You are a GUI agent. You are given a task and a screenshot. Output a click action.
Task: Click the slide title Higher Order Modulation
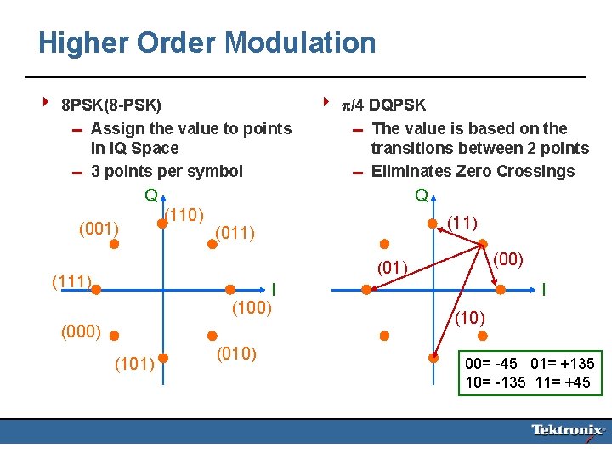click(x=207, y=42)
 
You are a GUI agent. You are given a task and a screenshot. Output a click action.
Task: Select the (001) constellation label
click(x=99, y=228)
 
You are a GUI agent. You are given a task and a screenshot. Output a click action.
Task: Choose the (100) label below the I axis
click(x=252, y=308)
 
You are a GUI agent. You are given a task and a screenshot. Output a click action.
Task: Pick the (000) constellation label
click(x=82, y=331)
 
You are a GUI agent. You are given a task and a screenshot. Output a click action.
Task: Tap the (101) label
click(x=134, y=364)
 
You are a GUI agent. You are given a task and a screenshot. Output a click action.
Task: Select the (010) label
click(x=237, y=354)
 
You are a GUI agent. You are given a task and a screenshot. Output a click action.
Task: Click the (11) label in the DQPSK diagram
click(x=462, y=222)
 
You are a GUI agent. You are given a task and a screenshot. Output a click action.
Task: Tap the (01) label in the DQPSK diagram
click(x=393, y=269)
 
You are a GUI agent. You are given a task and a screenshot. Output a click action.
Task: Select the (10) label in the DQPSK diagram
click(x=469, y=318)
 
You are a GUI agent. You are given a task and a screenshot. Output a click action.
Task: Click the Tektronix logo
click(x=568, y=430)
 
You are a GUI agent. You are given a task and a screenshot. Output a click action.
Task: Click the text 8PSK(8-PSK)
click(x=111, y=105)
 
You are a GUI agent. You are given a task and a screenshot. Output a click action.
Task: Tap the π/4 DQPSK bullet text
click(x=383, y=105)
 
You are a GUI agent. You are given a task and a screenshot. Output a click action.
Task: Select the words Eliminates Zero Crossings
click(x=473, y=171)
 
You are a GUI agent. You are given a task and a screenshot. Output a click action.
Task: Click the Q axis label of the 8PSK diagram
click(x=150, y=195)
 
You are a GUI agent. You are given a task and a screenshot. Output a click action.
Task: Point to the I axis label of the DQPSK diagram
click(x=543, y=289)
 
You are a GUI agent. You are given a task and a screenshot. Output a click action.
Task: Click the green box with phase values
click(x=530, y=372)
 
